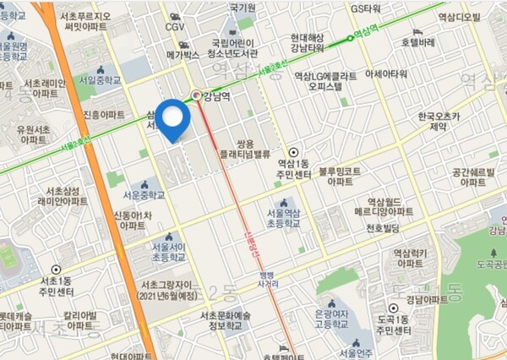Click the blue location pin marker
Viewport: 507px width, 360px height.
tap(174, 119)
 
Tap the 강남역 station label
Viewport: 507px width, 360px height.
tap(217, 95)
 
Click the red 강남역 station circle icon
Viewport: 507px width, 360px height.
tap(197, 95)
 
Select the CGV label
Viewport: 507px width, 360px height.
tap(175, 27)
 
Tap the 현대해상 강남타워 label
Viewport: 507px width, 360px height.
tap(313, 44)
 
